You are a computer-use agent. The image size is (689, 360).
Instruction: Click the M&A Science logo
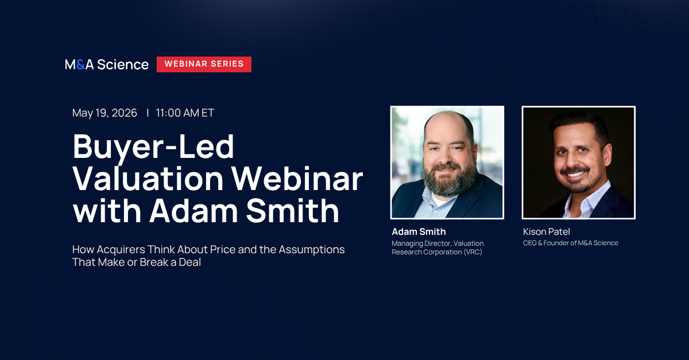pyautogui.click(x=107, y=65)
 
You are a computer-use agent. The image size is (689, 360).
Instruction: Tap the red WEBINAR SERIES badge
pyautogui.click(x=204, y=64)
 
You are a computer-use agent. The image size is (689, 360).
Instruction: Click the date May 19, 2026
pyautogui.click(x=104, y=113)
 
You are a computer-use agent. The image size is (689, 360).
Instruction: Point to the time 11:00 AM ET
pyautogui.click(x=185, y=113)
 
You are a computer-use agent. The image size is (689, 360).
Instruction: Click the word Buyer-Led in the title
pyautogui.click(x=153, y=147)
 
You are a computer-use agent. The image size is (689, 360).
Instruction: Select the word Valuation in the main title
pyautogui.click(x=148, y=179)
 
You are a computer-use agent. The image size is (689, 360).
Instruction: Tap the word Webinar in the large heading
pyautogui.click(x=297, y=179)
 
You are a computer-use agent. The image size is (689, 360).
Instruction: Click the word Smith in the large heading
pyautogui.click(x=292, y=211)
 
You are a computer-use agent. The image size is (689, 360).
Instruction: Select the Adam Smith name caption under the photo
pyautogui.click(x=419, y=232)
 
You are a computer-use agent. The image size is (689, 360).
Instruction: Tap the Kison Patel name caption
pyautogui.click(x=546, y=232)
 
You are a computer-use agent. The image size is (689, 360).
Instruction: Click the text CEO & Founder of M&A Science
pyautogui.click(x=571, y=243)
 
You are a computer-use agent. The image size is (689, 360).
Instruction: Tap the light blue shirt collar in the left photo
pyautogui.click(x=437, y=202)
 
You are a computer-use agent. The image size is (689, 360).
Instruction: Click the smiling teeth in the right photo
pyautogui.click(x=575, y=175)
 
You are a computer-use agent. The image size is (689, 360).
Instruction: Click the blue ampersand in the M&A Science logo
pyautogui.click(x=80, y=65)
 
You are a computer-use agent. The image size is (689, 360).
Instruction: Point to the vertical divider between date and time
pyautogui.click(x=148, y=113)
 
